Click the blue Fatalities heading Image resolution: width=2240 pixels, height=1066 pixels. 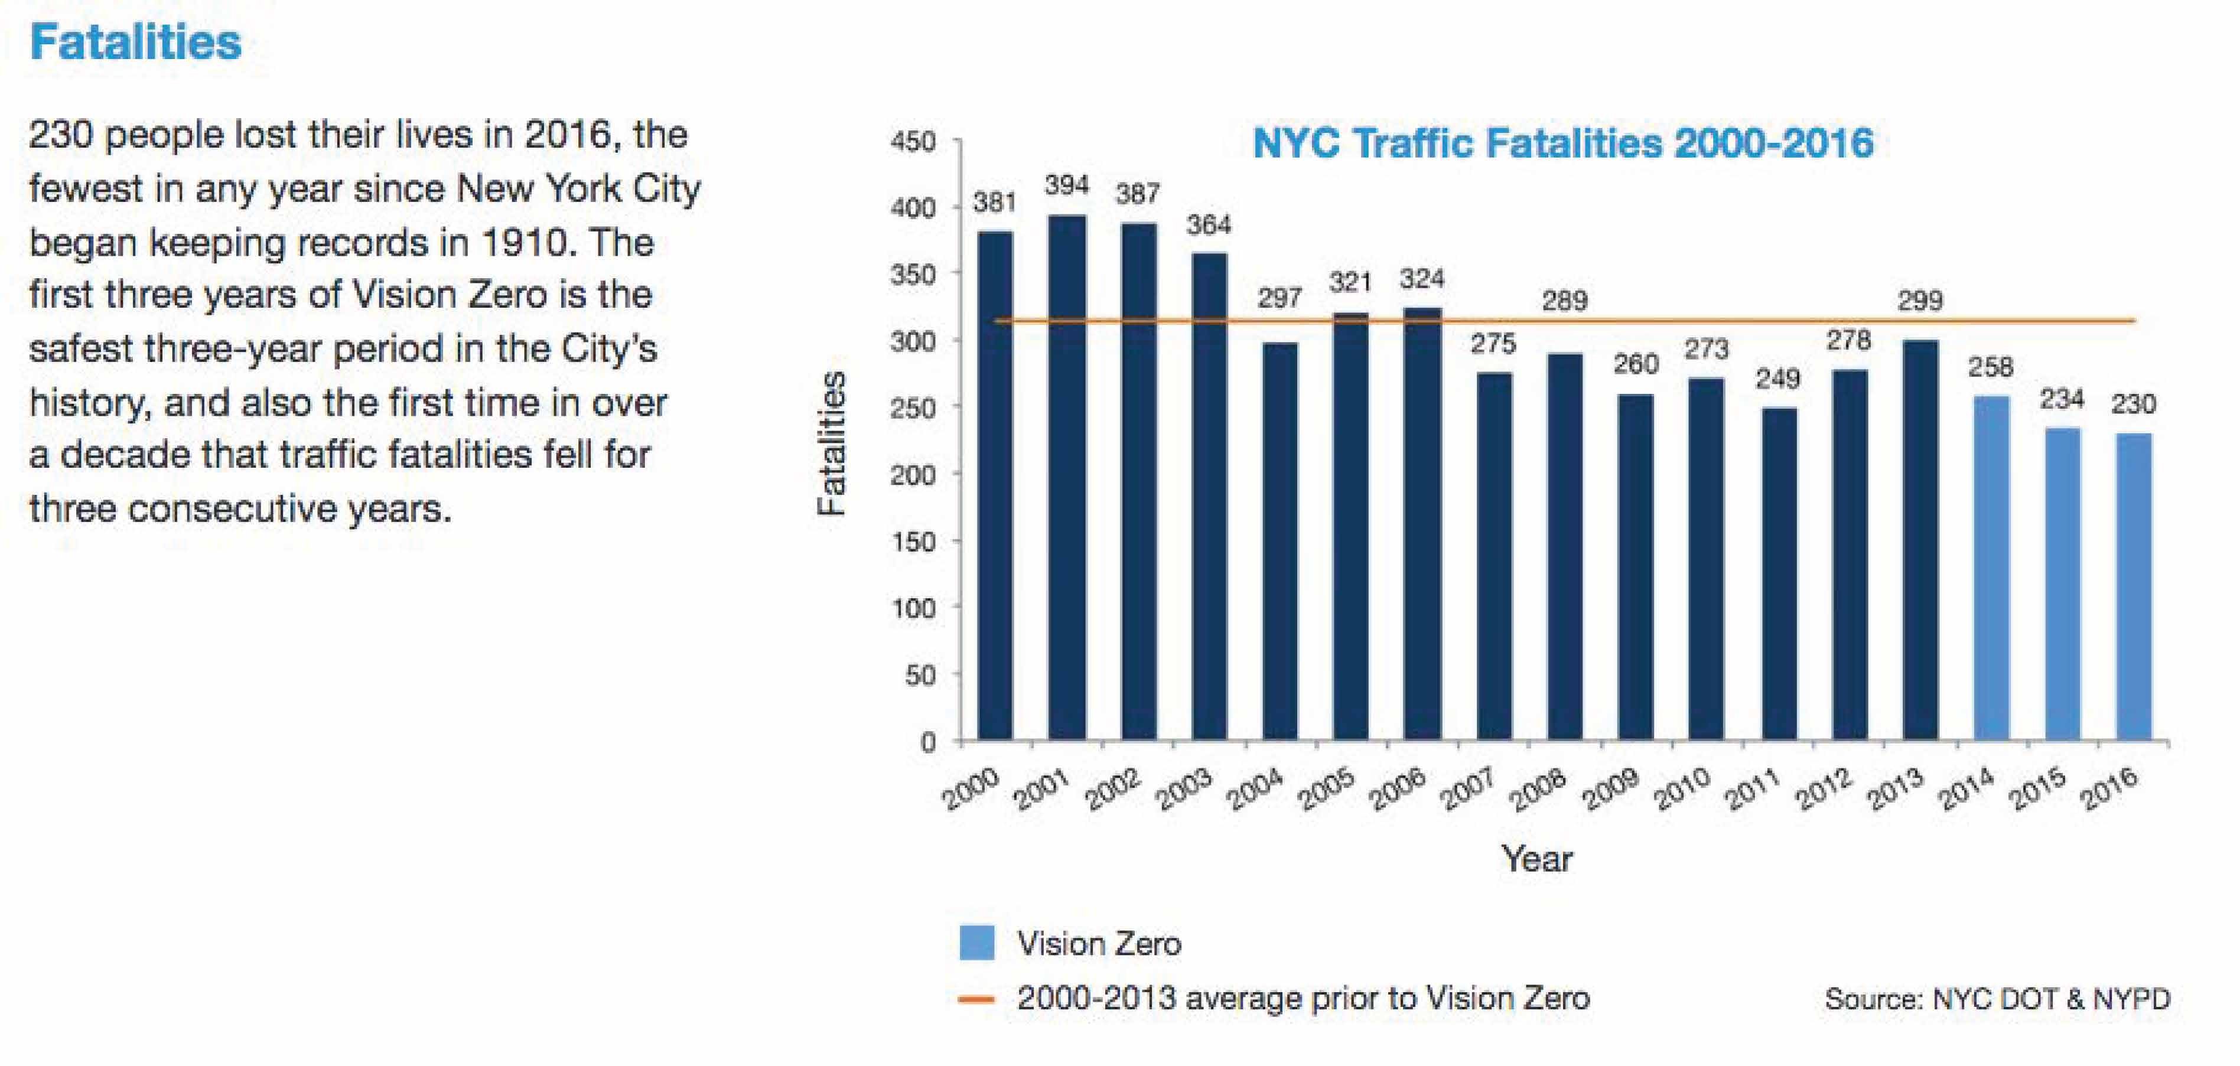click(136, 42)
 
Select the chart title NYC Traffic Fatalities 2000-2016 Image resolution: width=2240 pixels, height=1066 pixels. click(1562, 142)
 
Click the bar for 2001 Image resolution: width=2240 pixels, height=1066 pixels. click(1066, 478)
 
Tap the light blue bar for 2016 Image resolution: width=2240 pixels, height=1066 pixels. click(2133, 587)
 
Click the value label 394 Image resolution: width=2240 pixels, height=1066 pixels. click(1066, 185)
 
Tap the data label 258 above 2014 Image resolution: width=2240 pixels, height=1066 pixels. click(1991, 367)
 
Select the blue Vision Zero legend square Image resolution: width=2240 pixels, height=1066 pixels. click(976, 943)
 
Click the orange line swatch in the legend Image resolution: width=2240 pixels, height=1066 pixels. click(976, 999)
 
